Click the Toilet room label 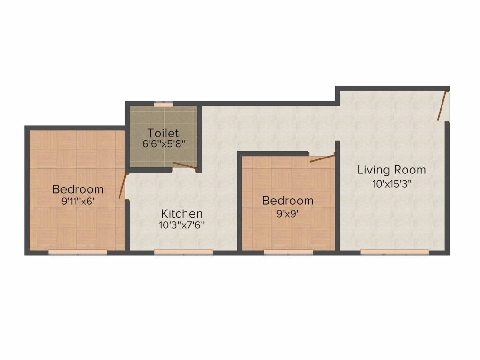(163, 133)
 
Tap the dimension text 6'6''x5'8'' (163, 144)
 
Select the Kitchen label (182, 214)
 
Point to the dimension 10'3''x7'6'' (182, 225)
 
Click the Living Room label (391, 170)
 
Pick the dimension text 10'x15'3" (391, 184)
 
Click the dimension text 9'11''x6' (78, 201)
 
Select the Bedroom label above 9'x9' (288, 201)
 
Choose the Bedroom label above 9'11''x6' (78, 189)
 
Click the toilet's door (184, 165)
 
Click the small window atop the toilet (163, 105)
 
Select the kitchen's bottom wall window (184, 252)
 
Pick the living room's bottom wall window (395, 252)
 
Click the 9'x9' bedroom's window (288, 252)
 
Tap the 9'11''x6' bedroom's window (78, 252)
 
